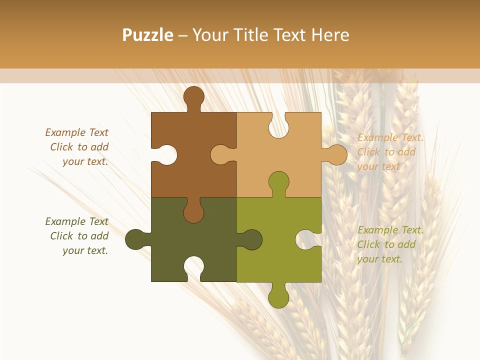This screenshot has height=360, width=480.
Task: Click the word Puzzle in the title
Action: [x=148, y=35]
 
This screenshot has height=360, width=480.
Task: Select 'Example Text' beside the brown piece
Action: [x=76, y=132]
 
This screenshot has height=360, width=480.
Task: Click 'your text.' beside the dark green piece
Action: [x=85, y=250]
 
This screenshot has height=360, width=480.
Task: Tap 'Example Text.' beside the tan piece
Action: [x=390, y=137]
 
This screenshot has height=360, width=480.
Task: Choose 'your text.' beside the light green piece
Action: [x=379, y=259]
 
